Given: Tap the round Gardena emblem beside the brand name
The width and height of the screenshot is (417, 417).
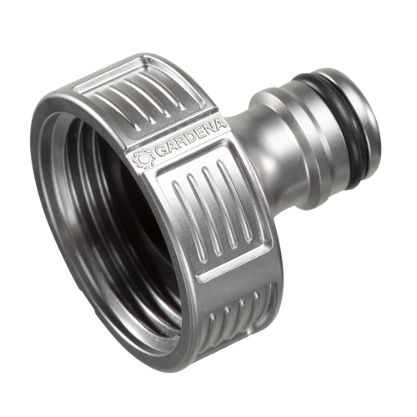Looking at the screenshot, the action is pyautogui.click(x=143, y=159).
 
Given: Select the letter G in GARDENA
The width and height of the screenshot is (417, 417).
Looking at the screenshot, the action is pyautogui.click(x=161, y=152).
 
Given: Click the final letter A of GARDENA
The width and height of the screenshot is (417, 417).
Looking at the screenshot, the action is pyautogui.click(x=219, y=125).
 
